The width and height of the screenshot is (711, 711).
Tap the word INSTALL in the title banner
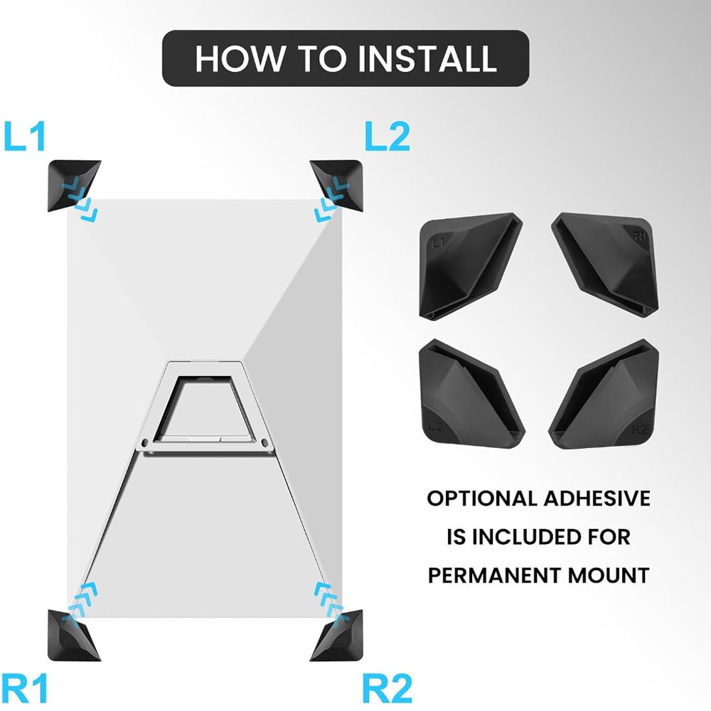pos(427,58)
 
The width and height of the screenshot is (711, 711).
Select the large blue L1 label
pos(26,137)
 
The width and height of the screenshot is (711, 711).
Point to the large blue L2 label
pos(387,137)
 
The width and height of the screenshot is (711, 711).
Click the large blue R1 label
pos(26,688)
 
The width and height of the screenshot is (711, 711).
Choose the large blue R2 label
pos(387,688)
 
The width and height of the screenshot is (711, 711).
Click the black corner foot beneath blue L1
pos(71,185)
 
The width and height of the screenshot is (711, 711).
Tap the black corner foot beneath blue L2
pos(340,185)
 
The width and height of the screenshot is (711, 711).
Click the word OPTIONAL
pos(481,498)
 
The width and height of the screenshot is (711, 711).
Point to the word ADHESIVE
pos(597,498)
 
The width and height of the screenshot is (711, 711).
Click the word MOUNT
pos(610,574)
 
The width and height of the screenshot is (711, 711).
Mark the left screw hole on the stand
pos(146,443)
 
